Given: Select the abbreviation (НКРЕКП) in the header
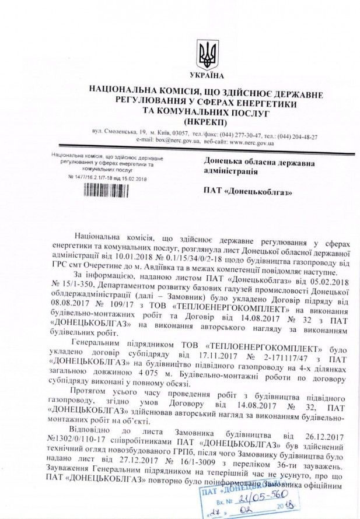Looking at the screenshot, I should point(204,121).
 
